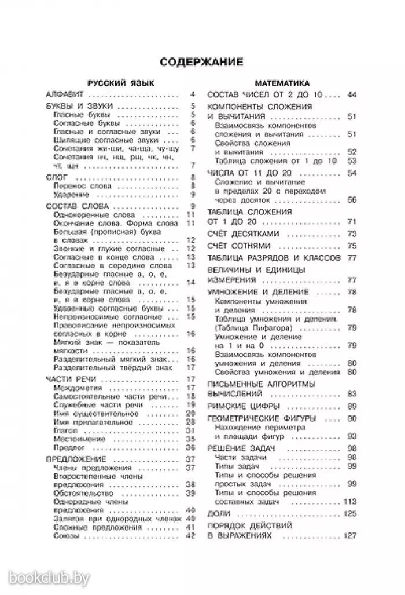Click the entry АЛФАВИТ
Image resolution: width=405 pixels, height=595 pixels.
pos(65,94)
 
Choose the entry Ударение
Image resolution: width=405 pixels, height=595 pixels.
pos(70,195)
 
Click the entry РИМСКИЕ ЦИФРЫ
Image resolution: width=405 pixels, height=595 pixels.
pos(244,406)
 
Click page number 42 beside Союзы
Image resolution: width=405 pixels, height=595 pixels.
pos(192,535)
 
